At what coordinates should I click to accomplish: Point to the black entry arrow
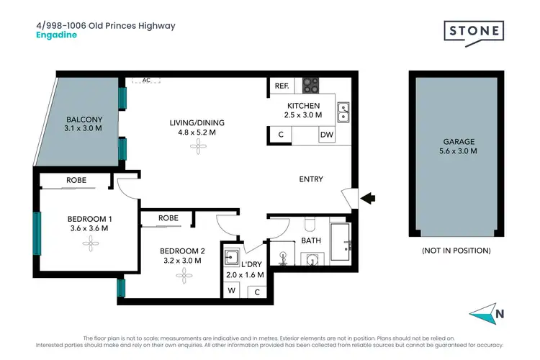[367, 196]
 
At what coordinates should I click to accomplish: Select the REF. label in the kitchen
[281, 86]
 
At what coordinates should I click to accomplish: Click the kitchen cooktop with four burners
[310, 85]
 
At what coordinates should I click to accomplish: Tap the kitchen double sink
[343, 110]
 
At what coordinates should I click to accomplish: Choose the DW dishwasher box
[325, 135]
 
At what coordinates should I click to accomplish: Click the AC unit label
[145, 81]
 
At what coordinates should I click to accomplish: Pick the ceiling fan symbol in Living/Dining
[197, 146]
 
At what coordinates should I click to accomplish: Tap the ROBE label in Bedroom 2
[168, 217]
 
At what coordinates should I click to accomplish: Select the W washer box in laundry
[232, 292]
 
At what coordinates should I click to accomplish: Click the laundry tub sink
[232, 256]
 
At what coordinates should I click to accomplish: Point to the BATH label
[311, 240]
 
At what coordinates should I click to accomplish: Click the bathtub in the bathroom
[339, 242]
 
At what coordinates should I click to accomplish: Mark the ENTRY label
[311, 179]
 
